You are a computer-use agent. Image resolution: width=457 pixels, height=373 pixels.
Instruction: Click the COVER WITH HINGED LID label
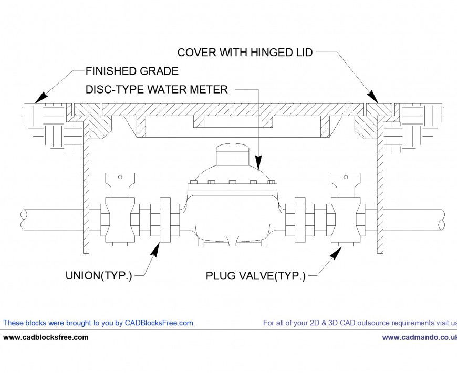[245, 53]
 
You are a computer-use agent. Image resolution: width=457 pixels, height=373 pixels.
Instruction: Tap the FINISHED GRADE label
[132, 71]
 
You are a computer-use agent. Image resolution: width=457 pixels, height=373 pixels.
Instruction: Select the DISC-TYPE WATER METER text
[157, 90]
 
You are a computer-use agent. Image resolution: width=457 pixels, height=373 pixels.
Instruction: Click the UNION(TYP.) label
[98, 275]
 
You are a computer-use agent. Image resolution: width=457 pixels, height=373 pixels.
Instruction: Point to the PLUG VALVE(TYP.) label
[255, 275]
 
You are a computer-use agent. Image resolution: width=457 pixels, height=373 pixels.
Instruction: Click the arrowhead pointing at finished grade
[40, 98]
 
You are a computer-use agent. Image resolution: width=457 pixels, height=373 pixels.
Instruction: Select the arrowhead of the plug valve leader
[335, 253]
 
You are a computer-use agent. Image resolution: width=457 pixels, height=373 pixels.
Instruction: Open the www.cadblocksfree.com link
[46, 337]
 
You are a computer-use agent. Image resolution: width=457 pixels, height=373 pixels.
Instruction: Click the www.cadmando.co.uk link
[419, 337]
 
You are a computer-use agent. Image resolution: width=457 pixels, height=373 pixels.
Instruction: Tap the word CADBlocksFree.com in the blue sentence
[159, 323]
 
